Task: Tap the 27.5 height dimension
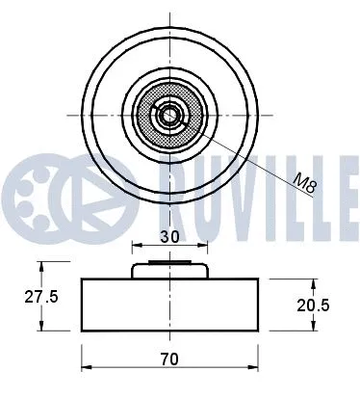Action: (x=40, y=297)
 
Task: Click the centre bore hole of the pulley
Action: (x=170, y=115)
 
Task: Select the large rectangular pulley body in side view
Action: (x=170, y=304)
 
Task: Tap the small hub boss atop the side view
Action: (x=170, y=270)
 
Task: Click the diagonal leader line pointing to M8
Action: (x=250, y=155)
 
